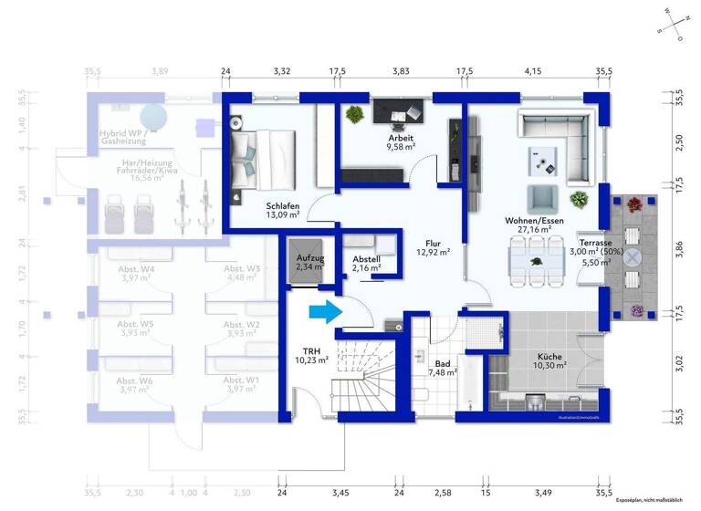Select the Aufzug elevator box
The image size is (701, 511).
click(x=309, y=263)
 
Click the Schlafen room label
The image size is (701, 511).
click(x=283, y=211)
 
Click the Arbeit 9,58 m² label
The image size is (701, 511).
click(x=400, y=141)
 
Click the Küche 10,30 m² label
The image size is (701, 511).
click(x=549, y=360)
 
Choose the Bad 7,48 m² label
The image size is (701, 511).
click(x=442, y=367)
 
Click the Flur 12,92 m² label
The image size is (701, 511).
click(x=433, y=247)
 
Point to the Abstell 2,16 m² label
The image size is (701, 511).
click(x=366, y=265)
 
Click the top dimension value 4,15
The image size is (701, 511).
click(x=533, y=70)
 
